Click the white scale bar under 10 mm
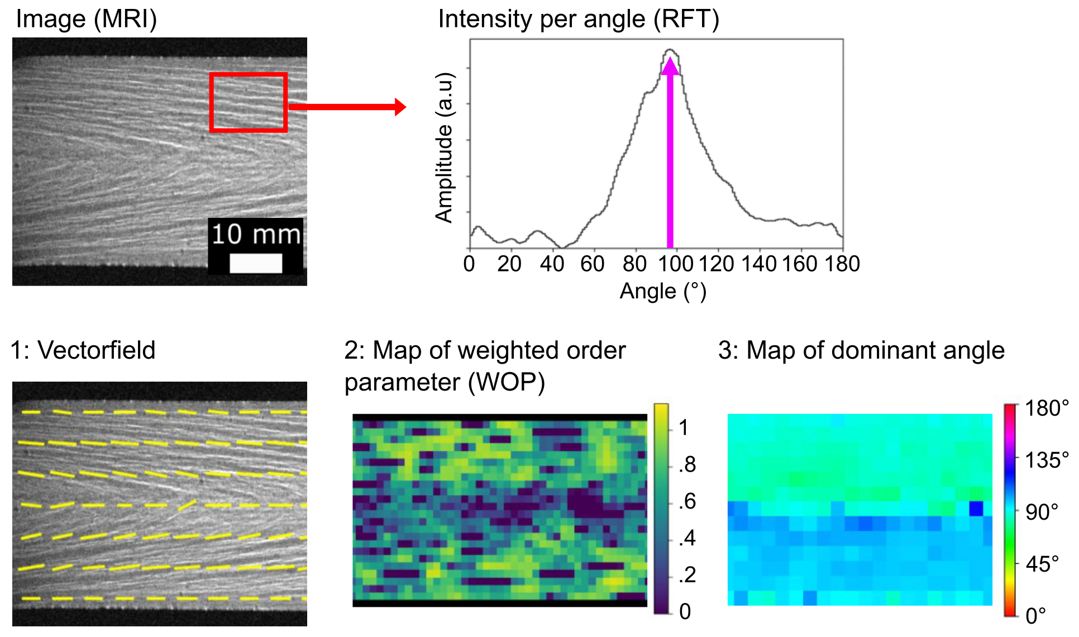256,263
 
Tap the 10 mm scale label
256,234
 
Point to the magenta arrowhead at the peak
670,66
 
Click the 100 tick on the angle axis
675,264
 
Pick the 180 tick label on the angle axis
842,264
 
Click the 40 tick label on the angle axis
552,264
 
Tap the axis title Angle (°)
663,292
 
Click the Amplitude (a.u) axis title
445,148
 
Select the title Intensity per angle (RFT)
579,19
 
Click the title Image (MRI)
87,19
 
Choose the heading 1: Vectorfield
83,350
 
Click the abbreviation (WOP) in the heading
507,382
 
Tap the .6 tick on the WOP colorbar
687,501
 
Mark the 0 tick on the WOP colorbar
685,611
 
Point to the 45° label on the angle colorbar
1042,564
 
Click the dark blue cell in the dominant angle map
976,508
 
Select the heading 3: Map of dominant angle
861,350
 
